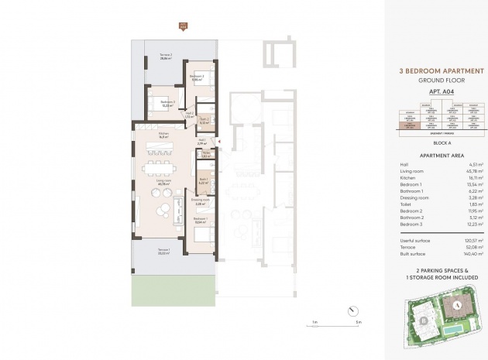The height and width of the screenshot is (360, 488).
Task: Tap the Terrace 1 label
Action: click(x=163, y=251)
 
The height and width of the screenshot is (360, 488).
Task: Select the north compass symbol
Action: click(x=354, y=310)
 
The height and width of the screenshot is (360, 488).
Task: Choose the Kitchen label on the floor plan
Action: click(x=163, y=135)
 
